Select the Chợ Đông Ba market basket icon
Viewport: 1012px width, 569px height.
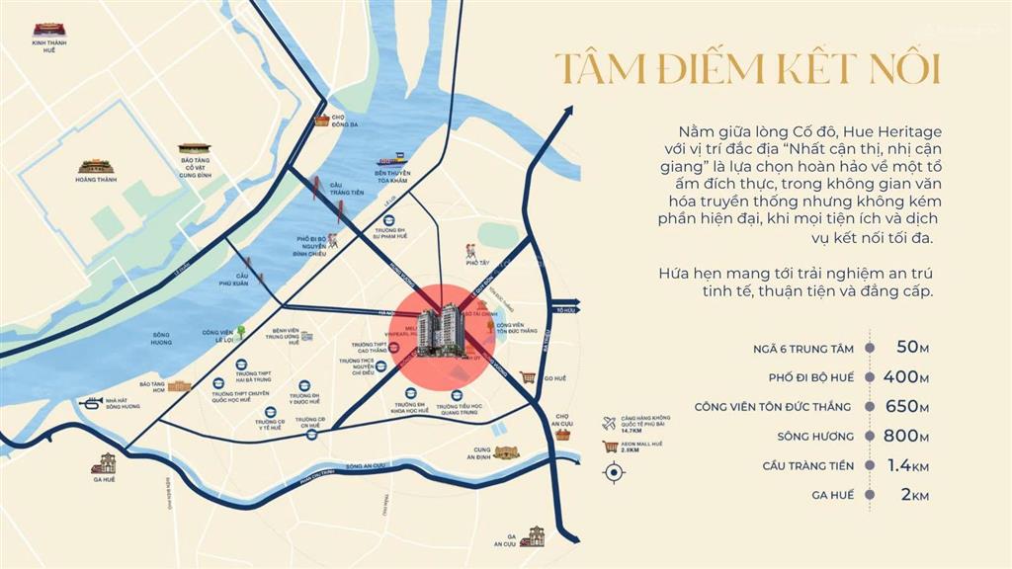pos(321,121)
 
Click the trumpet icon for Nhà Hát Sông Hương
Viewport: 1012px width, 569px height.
pos(91,403)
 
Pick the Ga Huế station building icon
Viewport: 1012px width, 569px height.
pos(104,462)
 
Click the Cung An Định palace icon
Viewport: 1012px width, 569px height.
pos(507,452)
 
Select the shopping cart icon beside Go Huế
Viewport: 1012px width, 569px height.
pos(529,377)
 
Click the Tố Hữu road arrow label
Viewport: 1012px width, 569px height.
pos(565,309)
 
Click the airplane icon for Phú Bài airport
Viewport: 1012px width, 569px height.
pos(609,424)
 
